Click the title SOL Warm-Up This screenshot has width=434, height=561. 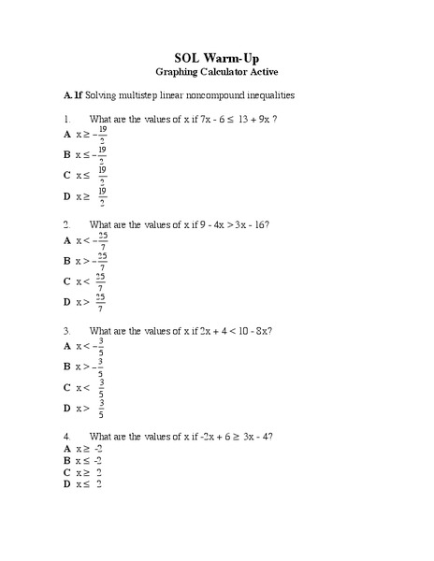pos(217,56)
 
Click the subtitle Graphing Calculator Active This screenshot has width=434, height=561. pos(217,71)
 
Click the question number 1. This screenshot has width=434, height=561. pos(66,120)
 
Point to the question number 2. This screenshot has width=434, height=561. pos(66,225)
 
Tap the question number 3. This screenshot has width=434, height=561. pos(66,331)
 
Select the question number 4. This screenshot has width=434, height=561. pos(66,437)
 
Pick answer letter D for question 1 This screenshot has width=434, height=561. pos(67,195)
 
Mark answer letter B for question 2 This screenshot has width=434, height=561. pos(67,261)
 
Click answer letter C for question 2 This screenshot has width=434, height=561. pos(67,280)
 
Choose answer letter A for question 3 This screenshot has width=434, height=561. pos(67,346)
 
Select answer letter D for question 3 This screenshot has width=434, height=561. pos(67,408)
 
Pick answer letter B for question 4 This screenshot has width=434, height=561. pos(67,461)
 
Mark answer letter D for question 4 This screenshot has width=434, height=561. pos(67,483)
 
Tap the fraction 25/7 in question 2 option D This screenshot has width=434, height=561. pos(100,302)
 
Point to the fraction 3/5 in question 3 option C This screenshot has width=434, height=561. pos(101,387)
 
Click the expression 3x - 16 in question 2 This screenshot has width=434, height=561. pos(247,225)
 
